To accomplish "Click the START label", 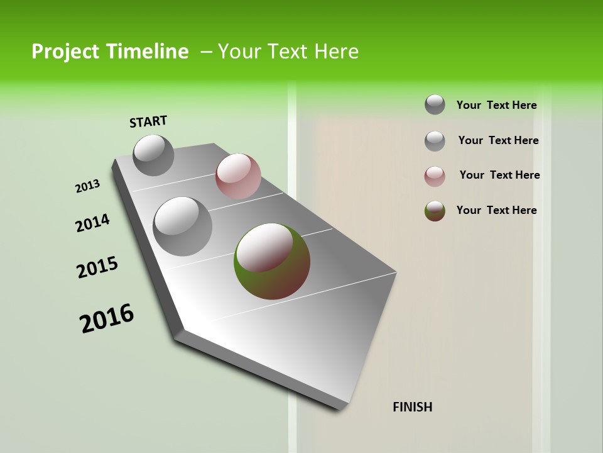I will point(148,121).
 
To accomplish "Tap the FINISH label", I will point(413,407).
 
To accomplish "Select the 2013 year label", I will point(87,186).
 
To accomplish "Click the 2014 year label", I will point(92,223).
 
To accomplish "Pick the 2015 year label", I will point(97,267).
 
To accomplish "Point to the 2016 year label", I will point(107,318).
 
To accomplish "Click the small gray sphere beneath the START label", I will point(154,155).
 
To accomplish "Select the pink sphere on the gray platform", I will point(238,176).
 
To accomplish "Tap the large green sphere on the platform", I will point(272,260).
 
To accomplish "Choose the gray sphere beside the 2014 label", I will point(183,226).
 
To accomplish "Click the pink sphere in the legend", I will point(435,176).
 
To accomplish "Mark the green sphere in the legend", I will point(435,211).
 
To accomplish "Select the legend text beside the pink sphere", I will point(499,175).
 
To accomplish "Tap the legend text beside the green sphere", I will point(496,210).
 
